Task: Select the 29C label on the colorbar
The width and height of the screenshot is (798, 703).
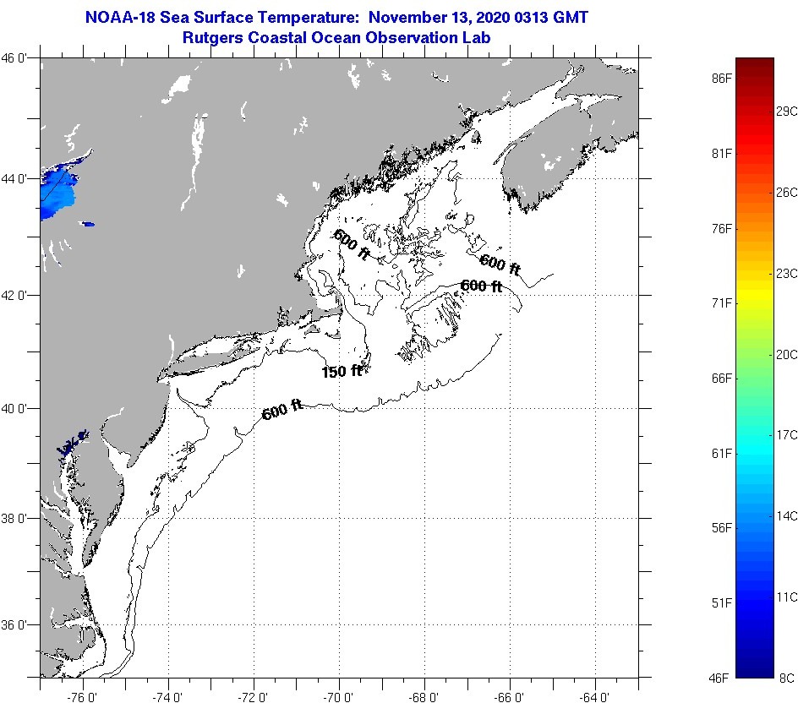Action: tap(786, 111)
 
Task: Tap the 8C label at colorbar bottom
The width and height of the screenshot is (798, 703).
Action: tap(786, 678)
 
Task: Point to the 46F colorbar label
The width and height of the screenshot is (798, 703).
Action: tap(721, 678)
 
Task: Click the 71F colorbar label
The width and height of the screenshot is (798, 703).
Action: tap(721, 302)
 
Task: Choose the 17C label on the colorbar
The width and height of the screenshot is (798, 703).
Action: tap(786, 434)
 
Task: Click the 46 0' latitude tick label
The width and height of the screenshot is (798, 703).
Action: tap(18, 58)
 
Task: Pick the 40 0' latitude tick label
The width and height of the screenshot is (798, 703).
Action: tap(18, 408)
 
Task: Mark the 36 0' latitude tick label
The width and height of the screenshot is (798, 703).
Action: tap(18, 625)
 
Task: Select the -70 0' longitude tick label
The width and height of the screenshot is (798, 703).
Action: tap(338, 696)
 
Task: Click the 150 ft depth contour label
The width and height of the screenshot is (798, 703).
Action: tap(342, 371)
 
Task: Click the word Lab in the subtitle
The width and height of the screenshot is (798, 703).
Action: tap(478, 37)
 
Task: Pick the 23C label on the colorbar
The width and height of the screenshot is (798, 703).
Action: tap(786, 273)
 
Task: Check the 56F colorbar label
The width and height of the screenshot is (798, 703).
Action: tap(721, 528)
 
